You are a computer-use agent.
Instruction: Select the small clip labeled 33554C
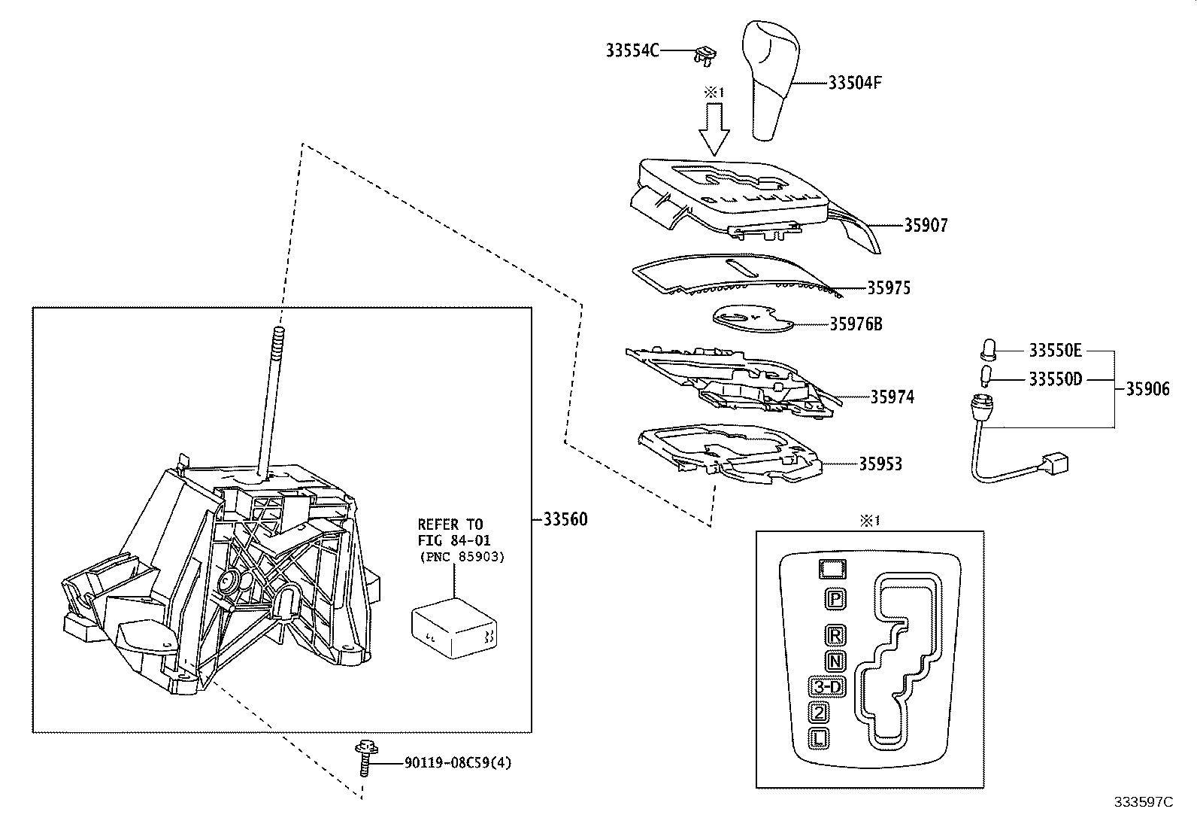(x=705, y=54)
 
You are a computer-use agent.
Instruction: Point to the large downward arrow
(x=714, y=129)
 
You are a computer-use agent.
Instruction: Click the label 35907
(x=926, y=225)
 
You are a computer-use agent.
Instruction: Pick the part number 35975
(x=888, y=288)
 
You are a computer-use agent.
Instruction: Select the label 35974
(x=892, y=397)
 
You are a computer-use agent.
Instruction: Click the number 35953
(x=880, y=464)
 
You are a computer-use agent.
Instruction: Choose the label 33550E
(x=1055, y=351)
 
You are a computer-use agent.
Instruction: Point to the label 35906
(x=1147, y=389)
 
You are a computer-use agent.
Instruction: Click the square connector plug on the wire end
(x=1056, y=461)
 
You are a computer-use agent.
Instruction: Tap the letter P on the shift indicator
(x=835, y=599)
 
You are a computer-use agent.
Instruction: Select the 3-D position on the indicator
(x=828, y=686)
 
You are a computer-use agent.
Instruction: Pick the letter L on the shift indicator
(x=820, y=738)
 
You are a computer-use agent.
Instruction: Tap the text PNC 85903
(x=461, y=557)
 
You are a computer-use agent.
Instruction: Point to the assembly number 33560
(x=565, y=519)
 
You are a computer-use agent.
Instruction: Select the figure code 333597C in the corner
(x=1143, y=802)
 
